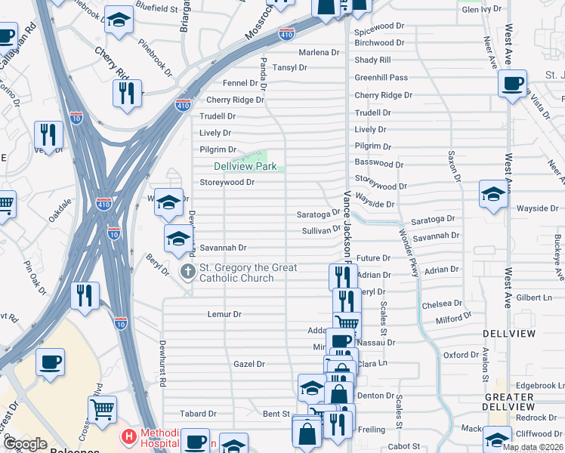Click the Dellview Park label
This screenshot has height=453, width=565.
(x=245, y=166)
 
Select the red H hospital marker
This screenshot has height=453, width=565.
(x=129, y=436)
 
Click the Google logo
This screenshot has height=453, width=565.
(x=25, y=445)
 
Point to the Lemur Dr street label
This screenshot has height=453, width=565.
(x=224, y=314)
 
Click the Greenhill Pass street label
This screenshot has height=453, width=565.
(x=381, y=77)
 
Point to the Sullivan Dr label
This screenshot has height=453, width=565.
(x=322, y=230)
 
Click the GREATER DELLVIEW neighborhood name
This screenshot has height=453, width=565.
(x=511, y=402)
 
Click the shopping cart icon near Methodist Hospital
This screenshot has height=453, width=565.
(x=102, y=408)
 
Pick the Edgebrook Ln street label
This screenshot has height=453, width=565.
(x=533, y=386)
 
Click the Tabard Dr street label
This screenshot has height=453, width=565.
(x=198, y=414)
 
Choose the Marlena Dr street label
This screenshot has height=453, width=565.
(x=318, y=52)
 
